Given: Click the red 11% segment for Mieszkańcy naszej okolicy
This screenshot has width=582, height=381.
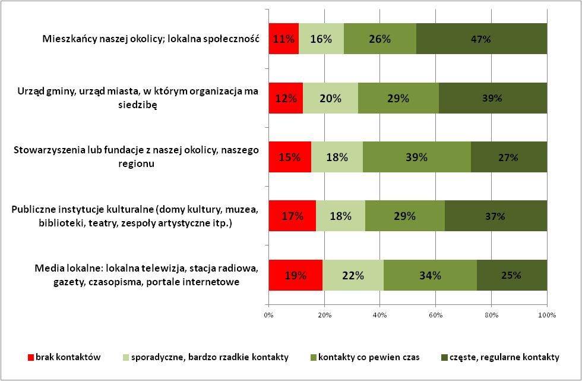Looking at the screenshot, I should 283,39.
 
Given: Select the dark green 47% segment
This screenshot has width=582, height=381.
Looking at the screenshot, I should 482,39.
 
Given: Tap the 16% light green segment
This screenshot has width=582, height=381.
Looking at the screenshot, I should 321,39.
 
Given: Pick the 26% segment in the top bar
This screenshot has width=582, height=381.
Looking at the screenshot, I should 380,39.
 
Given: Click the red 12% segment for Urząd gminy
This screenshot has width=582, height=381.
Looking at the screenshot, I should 286,98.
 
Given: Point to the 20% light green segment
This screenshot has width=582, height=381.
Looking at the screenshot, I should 331,98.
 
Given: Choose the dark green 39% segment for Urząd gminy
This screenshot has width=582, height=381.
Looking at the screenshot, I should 492,98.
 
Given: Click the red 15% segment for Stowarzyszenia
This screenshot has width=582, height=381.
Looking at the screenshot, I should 290,158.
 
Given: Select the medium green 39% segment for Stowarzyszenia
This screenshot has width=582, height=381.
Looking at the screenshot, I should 416,158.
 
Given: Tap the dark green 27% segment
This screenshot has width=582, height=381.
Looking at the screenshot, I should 508,158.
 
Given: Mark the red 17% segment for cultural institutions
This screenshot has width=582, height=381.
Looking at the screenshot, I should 292,216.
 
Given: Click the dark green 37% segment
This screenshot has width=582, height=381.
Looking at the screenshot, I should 495,216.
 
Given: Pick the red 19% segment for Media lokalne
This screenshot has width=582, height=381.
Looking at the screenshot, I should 295,275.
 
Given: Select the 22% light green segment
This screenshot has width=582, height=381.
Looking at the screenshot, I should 353,275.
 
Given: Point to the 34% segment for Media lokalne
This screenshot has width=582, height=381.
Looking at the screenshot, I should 430,275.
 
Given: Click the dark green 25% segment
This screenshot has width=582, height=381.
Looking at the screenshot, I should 511,275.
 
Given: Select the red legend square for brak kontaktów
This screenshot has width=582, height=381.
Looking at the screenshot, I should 31,358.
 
